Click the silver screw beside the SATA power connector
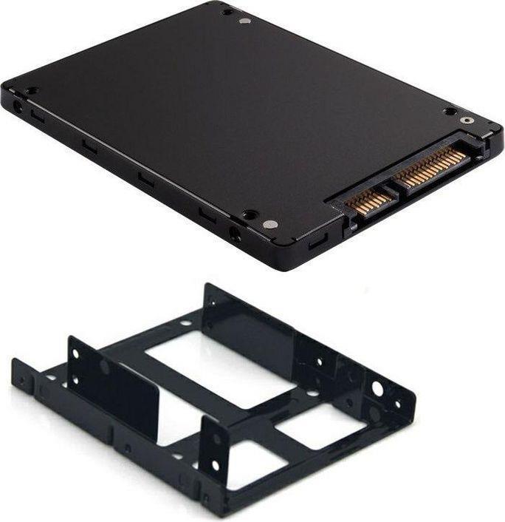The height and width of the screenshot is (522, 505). pyautogui.click(x=466, y=120)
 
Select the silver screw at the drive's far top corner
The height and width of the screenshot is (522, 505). pyautogui.click(x=245, y=20)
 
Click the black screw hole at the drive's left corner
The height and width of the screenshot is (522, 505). pyautogui.click(x=32, y=91)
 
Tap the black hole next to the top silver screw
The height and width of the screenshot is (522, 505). pyautogui.click(x=227, y=12)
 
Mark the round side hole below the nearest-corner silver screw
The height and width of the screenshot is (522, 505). pyautogui.click(x=235, y=236)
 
